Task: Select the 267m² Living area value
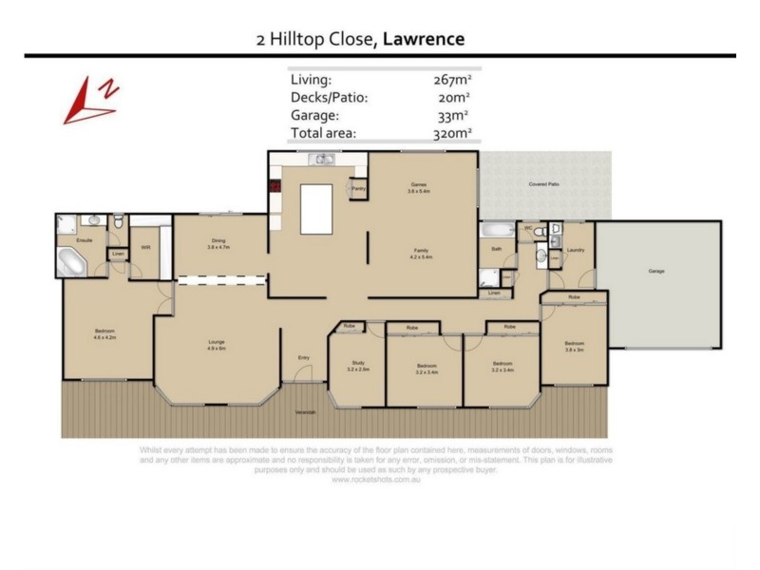[x=452, y=80]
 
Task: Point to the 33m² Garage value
[x=454, y=116]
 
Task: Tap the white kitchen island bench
[x=320, y=209]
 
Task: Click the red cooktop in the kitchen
[x=274, y=186]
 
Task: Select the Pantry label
[x=358, y=188]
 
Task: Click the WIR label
[x=145, y=247]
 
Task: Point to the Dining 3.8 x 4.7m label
[x=218, y=243]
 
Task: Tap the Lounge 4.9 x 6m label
[x=217, y=346]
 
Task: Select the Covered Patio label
[x=542, y=183]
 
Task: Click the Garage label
[x=655, y=271]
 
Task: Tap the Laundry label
[x=574, y=250]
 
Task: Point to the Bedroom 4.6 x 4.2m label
[x=104, y=335]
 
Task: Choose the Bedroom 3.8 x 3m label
[x=573, y=346]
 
